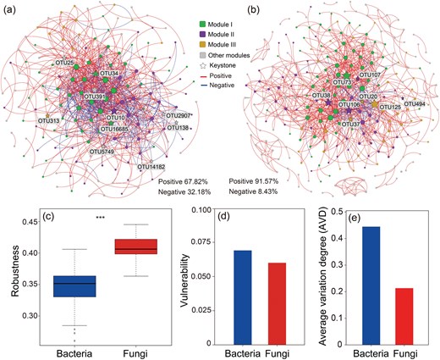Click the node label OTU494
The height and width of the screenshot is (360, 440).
(x=415, y=103)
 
